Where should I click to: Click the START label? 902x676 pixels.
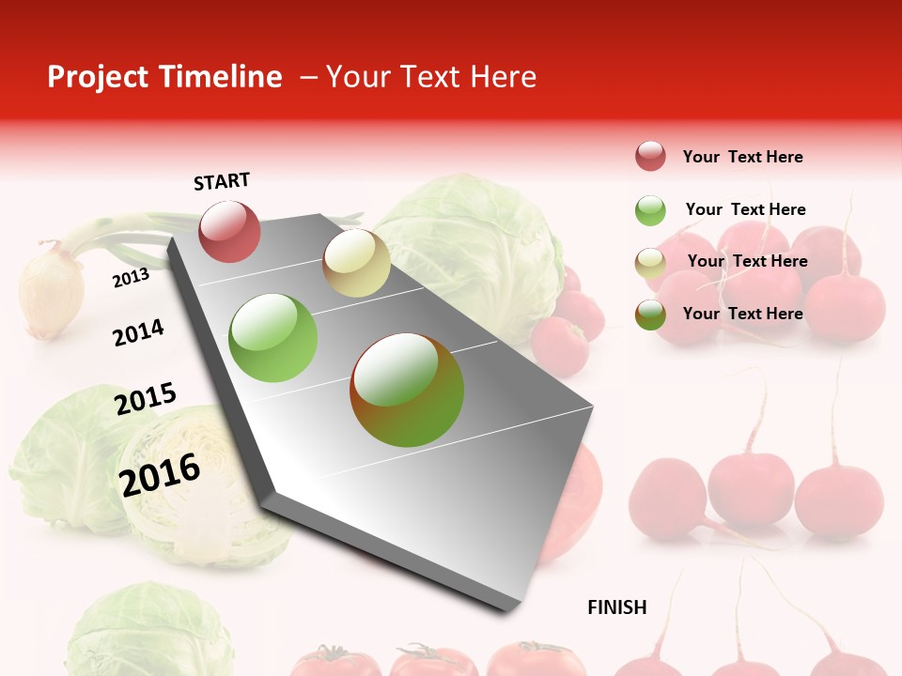tap(222, 181)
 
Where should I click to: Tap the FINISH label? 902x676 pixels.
tap(616, 607)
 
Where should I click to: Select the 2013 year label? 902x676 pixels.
tap(131, 277)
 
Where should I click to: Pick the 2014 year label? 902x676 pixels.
tap(138, 332)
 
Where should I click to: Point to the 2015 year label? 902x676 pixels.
tap(145, 399)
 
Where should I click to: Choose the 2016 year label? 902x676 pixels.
tap(160, 474)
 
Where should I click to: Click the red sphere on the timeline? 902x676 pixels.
tap(229, 231)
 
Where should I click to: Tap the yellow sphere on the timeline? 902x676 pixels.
tap(356, 263)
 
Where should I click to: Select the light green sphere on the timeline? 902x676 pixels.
tap(273, 338)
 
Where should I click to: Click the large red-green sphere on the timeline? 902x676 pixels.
tap(407, 390)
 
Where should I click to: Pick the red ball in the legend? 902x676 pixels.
tap(650, 157)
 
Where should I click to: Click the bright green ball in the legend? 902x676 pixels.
tap(650, 210)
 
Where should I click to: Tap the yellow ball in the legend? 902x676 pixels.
tap(650, 263)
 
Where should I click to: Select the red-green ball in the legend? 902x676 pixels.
tap(650, 315)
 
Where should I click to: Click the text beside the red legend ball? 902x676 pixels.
tap(742, 157)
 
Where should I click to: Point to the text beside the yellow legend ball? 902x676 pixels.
tap(747, 261)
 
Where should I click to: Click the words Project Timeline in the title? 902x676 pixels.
tap(164, 77)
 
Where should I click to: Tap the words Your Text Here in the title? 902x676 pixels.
tap(431, 77)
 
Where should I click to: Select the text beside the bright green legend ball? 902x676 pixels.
tap(745, 209)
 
